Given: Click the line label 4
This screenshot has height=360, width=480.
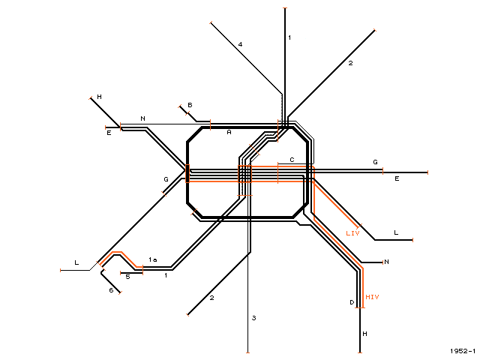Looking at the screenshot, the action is [240, 44].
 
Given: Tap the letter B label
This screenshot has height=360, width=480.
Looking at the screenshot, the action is [190, 105].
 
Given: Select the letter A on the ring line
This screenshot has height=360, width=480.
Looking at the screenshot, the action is [229, 132].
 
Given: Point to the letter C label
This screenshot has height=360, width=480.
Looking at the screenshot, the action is [292, 160].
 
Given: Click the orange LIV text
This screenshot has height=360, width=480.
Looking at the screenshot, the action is [352, 233].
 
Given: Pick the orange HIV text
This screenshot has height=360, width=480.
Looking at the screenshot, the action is [372, 297].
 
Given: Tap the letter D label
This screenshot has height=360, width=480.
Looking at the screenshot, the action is [352, 302].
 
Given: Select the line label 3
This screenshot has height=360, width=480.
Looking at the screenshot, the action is [253, 318].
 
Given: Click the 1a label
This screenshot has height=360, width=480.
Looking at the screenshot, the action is [153, 259].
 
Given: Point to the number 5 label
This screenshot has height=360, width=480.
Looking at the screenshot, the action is [128, 277].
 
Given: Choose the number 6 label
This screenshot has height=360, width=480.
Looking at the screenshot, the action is [111, 290].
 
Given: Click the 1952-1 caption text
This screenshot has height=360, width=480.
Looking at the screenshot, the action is [463, 351].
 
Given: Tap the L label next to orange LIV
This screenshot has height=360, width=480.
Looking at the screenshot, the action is [396, 232].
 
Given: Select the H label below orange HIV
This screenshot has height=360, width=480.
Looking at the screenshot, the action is [364, 334].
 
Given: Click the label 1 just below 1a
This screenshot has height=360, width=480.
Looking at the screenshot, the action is [166, 275].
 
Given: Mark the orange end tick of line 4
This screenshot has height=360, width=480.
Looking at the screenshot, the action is [211, 22].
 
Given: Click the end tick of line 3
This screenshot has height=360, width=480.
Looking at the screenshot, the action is [247, 352].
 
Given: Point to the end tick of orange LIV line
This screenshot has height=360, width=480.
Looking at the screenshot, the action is [359, 226].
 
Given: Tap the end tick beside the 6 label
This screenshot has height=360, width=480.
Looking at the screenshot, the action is [120, 292].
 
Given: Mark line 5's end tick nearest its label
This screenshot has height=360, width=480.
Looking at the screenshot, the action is [121, 273].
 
